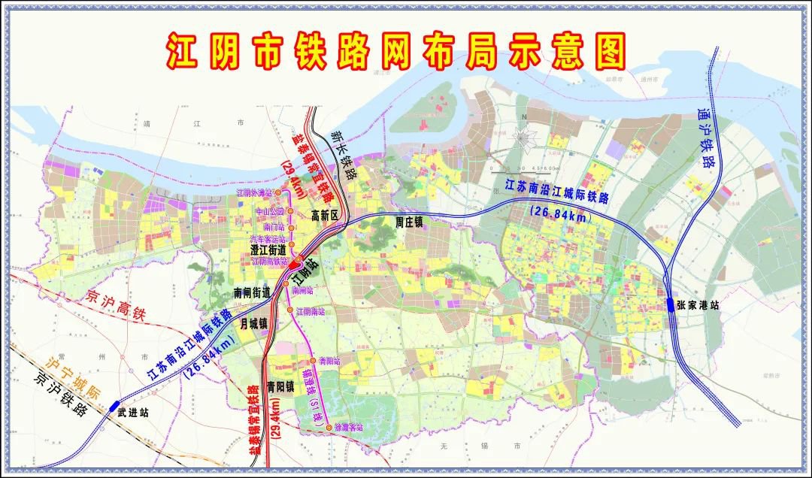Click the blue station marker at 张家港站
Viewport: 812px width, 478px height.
click(x=669, y=304)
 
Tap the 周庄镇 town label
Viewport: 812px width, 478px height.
click(x=410, y=222)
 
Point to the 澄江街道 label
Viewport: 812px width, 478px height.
click(x=268, y=249)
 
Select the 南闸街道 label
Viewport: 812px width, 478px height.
click(x=252, y=292)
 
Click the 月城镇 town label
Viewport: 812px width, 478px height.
click(x=253, y=324)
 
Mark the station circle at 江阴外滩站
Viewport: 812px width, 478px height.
click(x=277, y=193)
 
